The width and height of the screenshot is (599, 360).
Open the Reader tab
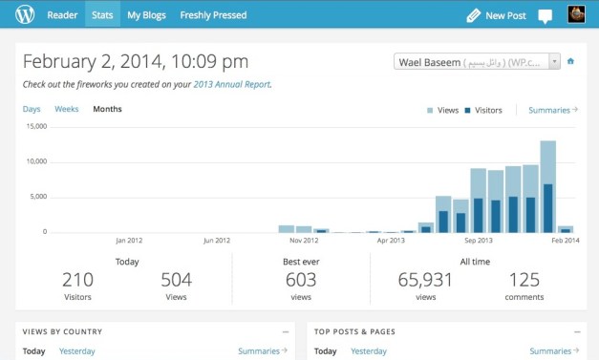63,15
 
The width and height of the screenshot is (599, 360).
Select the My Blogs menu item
146,15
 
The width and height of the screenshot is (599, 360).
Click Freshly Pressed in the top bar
213,15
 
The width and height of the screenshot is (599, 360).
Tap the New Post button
496,15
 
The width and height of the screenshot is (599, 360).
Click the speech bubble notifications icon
546,15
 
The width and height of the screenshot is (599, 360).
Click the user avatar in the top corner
576,14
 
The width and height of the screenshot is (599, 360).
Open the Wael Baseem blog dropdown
477,61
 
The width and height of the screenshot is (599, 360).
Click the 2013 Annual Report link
231,84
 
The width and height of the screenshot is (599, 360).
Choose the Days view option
32,109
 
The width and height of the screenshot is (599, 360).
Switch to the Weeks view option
67,109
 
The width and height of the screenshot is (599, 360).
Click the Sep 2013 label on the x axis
478,241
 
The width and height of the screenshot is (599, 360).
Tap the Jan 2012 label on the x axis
128,241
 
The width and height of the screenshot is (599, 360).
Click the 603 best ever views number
300,280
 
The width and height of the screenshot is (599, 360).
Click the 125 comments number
524,280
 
